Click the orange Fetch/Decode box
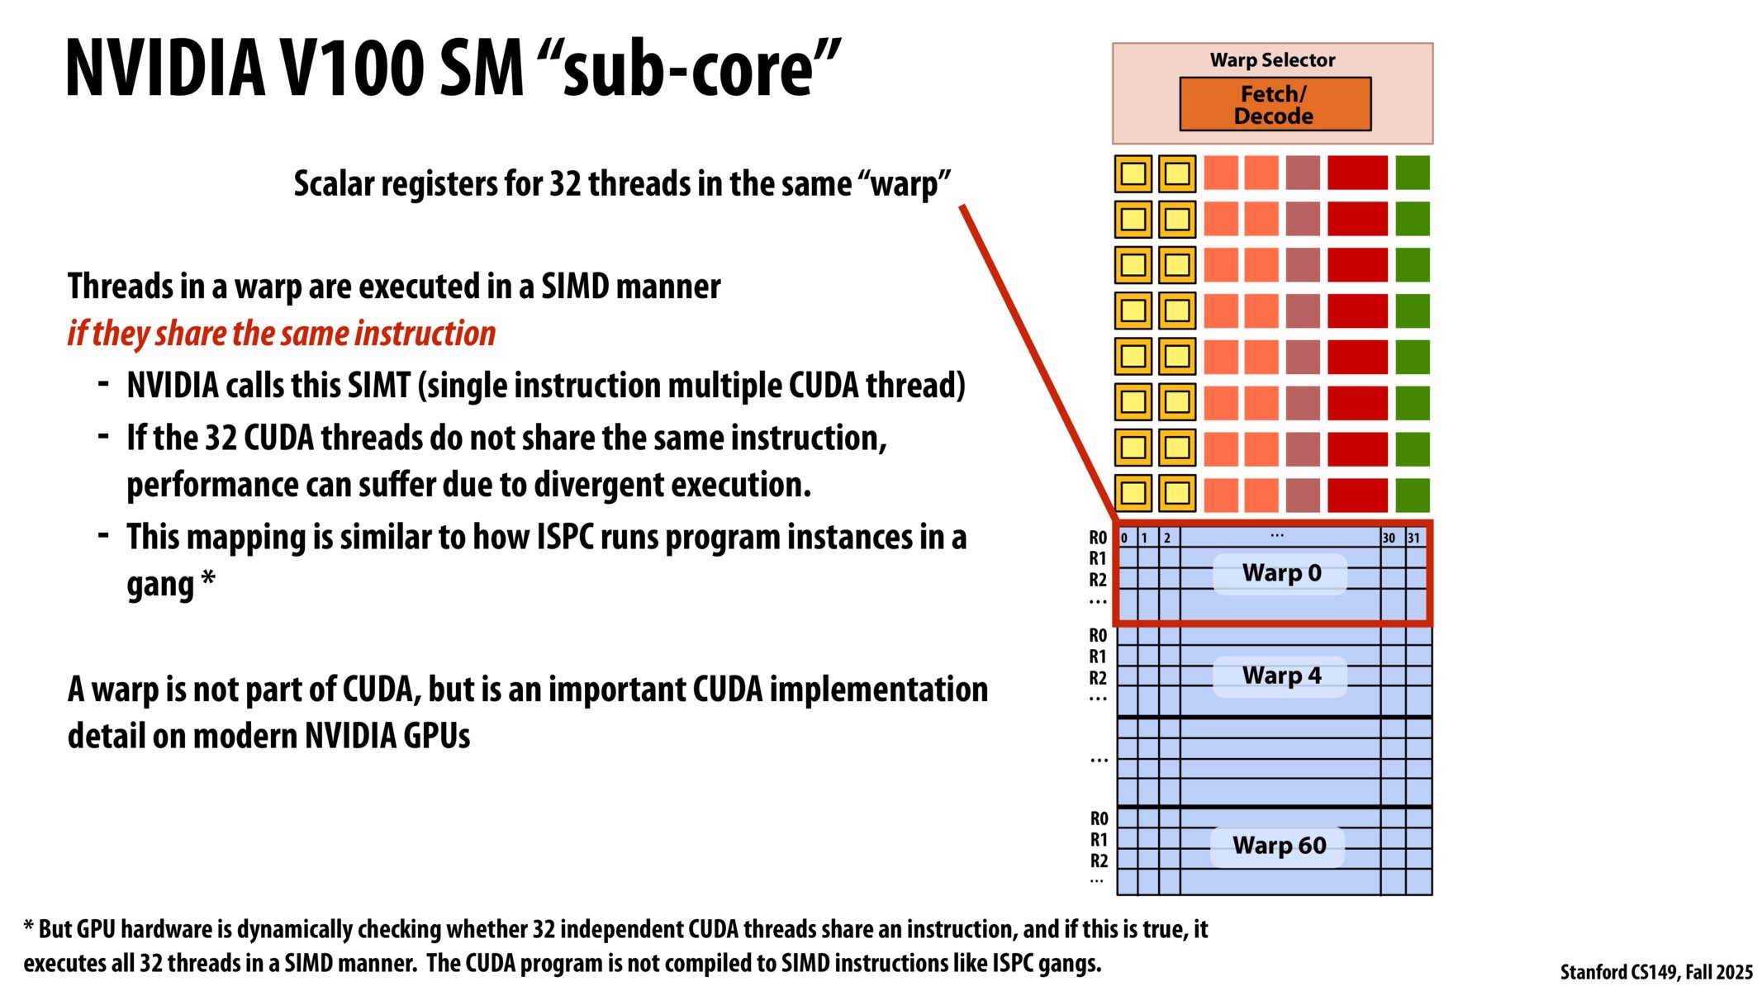pyautogui.click(x=1274, y=104)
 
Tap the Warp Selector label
pyautogui.click(x=1272, y=60)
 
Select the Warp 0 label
pyautogui.click(x=1280, y=573)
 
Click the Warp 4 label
pyautogui.click(x=1280, y=676)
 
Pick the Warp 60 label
pyautogui.click(x=1279, y=846)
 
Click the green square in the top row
pyautogui.click(x=1412, y=173)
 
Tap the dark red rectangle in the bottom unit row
pyautogui.click(x=1357, y=495)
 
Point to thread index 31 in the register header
pyautogui.click(x=1413, y=538)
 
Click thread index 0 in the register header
pyautogui.click(x=1124, y=538)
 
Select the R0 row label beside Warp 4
pyautogui.click(x=1097, y=635)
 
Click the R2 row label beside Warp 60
pyautogui.click(x=1099, y=861)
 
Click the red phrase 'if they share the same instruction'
pyautogui.click(x=281, y=334)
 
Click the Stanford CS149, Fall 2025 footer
pyautogui.click(x=1655, y=972)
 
